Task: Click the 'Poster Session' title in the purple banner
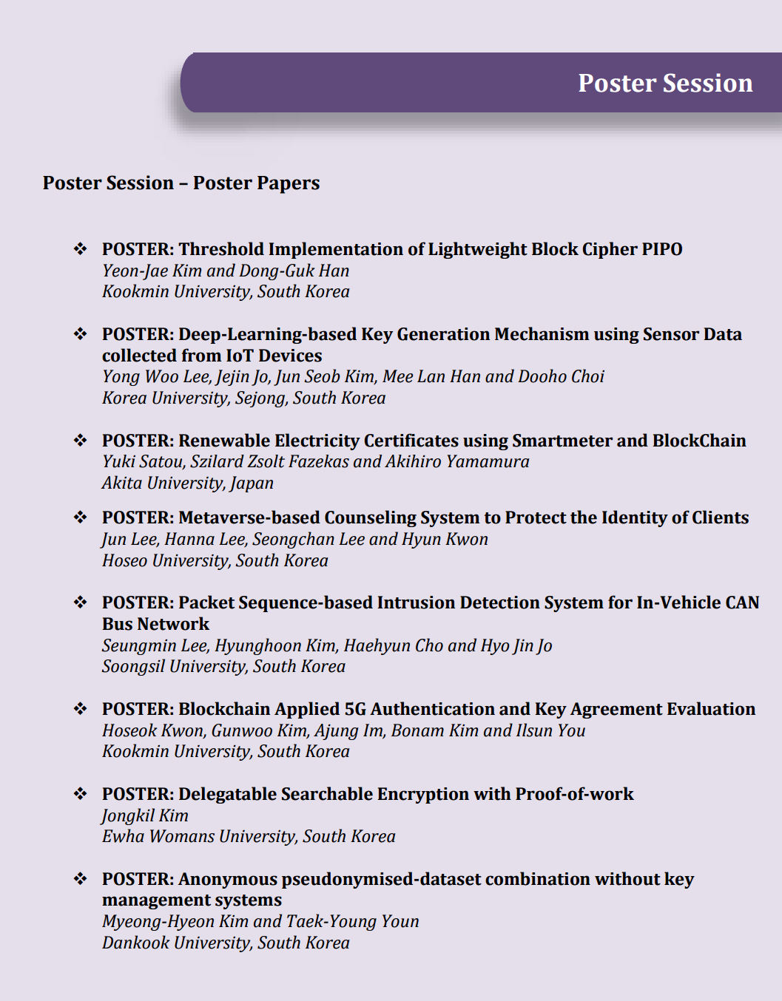665,83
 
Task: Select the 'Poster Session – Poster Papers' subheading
181,183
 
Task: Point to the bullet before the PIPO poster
80,249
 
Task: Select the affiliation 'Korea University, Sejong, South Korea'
243,398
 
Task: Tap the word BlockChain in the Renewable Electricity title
699,441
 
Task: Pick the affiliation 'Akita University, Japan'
188,483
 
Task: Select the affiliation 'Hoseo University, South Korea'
215,560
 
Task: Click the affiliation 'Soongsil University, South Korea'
223,666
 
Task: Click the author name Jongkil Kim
146,815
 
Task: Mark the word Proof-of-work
574,794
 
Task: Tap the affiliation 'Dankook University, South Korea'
226,943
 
